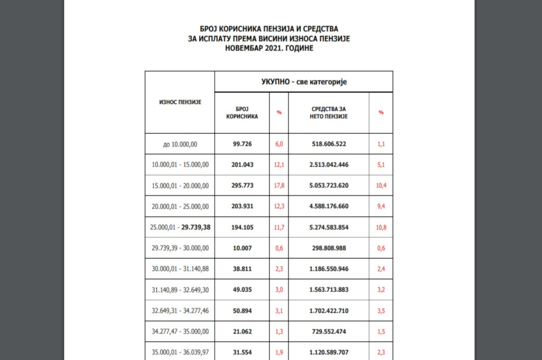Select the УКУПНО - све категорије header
click(x=304, y=82)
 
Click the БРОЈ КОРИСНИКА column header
click(x=242, y=112)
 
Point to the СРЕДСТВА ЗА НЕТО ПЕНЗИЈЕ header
click(x=329, y=112)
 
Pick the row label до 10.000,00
click(x=180, y=144)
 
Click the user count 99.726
click(x=242, y=144)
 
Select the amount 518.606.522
click(x=329, y=144)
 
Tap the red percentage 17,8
click(x=279, y=186)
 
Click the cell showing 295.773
click(x=242, y=186)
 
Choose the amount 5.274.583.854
click(x=329, y=227)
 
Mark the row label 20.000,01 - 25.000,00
click(x=180, y=206)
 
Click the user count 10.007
click(x=242, y=248)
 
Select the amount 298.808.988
click(x=329, y=248)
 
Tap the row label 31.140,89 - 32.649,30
click(x=180, y=290)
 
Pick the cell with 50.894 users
click(x=242, y=311)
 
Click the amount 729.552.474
click(x=329, y=331)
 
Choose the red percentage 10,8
click(x=381, y=227)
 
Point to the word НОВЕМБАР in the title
click(x=243, y=48)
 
